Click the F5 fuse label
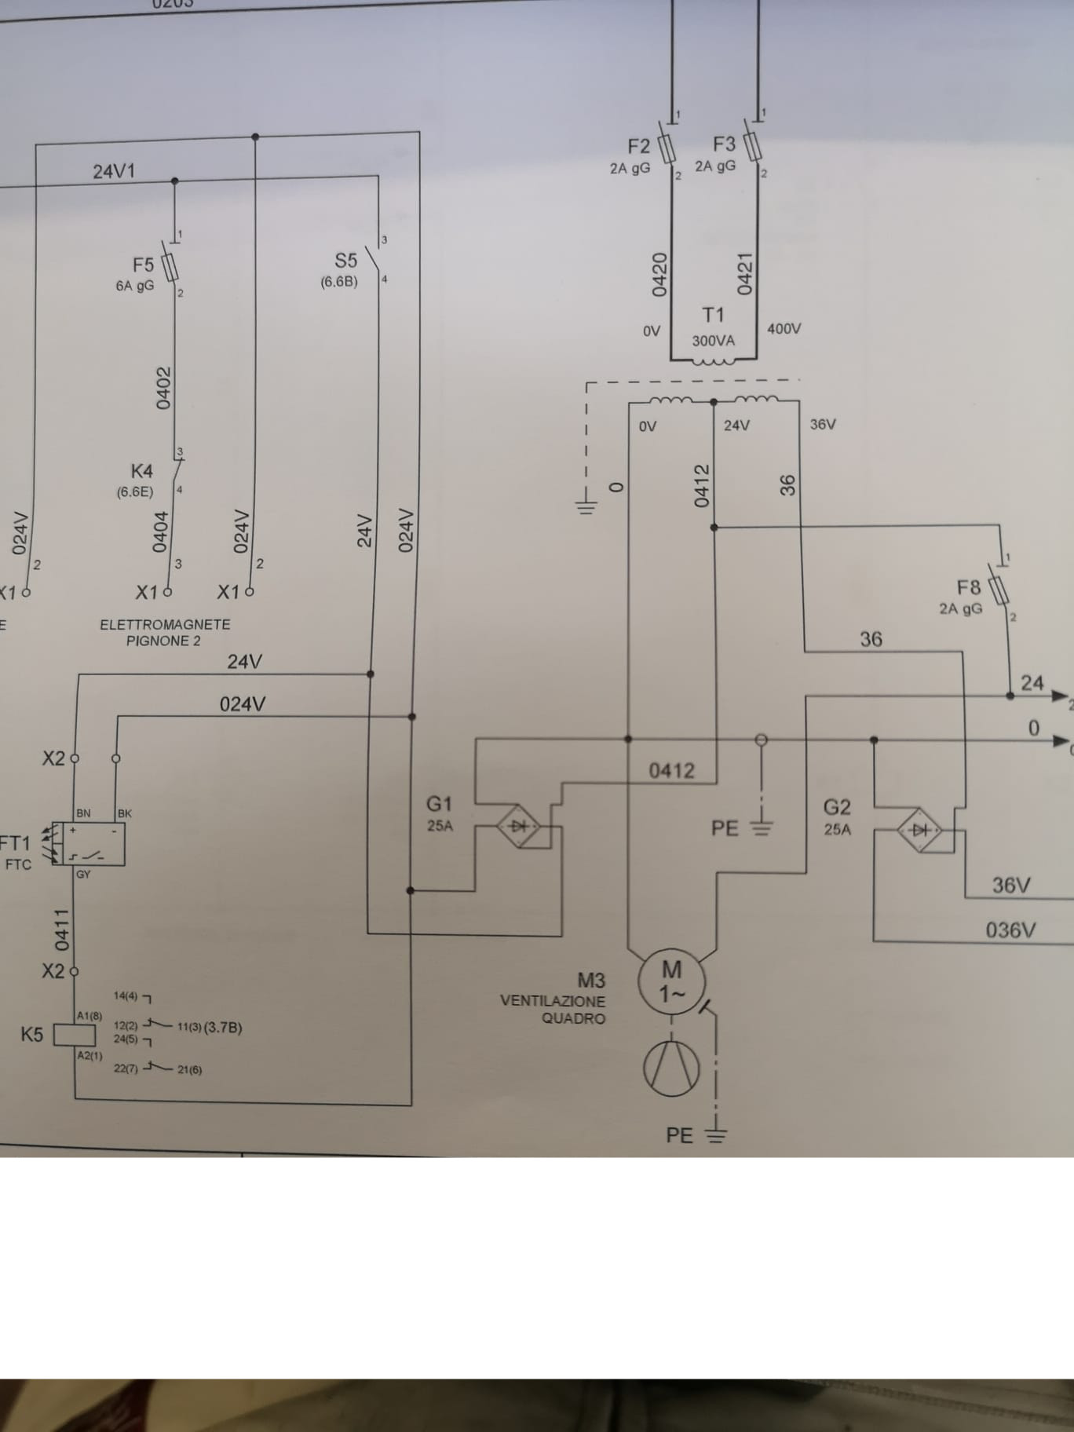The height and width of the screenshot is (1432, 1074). (143, 265)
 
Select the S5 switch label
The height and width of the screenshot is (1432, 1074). (345, 261)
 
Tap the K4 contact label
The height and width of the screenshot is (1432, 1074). (141, 471)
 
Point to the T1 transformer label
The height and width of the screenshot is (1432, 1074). (713, 315)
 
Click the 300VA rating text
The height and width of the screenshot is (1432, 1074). (713, 341)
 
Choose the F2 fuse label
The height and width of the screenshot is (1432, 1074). (639, 147)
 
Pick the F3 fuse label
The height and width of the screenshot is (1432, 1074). (724, 144)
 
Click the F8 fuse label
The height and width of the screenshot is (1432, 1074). (969, 587)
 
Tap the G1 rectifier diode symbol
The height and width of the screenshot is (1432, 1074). (518, 826)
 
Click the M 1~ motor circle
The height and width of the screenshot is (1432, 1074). (672, 981)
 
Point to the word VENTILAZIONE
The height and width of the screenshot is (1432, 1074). (553, 1001)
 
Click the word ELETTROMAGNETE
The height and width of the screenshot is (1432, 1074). (165, 625)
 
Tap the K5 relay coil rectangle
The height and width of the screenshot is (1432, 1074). (74, 1036)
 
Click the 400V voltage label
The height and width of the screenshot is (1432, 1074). (784, 329)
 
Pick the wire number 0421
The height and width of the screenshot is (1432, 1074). (745, 272)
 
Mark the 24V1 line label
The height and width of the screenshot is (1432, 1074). (114, 171)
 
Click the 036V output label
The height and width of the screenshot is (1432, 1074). (1010, 930)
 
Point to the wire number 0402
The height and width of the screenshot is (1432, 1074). (163, 388)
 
